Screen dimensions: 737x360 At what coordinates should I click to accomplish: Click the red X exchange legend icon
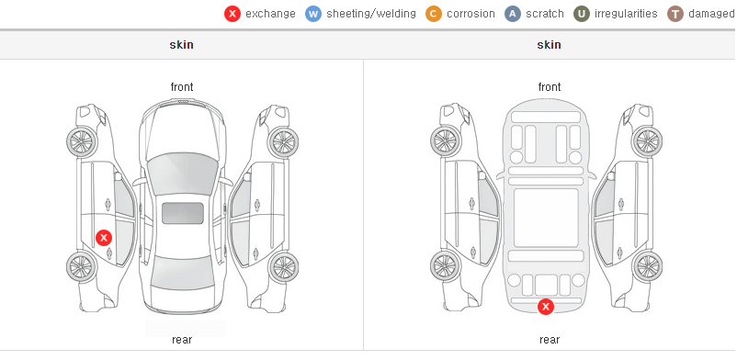[232, 14]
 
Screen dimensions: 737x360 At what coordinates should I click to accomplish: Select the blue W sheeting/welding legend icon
[313, 14]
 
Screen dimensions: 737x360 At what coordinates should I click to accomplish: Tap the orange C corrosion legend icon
[434, 14]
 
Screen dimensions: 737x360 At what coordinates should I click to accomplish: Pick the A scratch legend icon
[513, 14]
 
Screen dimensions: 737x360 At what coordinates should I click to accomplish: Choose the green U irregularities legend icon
[582, 14]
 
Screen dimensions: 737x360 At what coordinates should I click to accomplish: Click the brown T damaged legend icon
[675, 14]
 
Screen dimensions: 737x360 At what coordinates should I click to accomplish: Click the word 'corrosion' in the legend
[471, 14]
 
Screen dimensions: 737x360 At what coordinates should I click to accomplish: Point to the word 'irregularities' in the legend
[626, 14]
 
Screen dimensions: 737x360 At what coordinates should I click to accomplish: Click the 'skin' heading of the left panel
[181, 45]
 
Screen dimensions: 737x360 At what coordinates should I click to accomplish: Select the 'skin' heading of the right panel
[549, 45]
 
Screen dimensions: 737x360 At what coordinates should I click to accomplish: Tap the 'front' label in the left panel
[182, 87]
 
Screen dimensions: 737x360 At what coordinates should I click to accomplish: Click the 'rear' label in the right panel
[550, 340]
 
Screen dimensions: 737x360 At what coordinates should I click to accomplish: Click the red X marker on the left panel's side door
[104, 238]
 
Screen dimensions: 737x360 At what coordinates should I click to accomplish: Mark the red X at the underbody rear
[546, 307]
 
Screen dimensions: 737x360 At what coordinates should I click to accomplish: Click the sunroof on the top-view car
[183, 213]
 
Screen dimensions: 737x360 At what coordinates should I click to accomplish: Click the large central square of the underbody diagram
[546, 218]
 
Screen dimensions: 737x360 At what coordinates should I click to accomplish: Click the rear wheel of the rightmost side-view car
[647, 267]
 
